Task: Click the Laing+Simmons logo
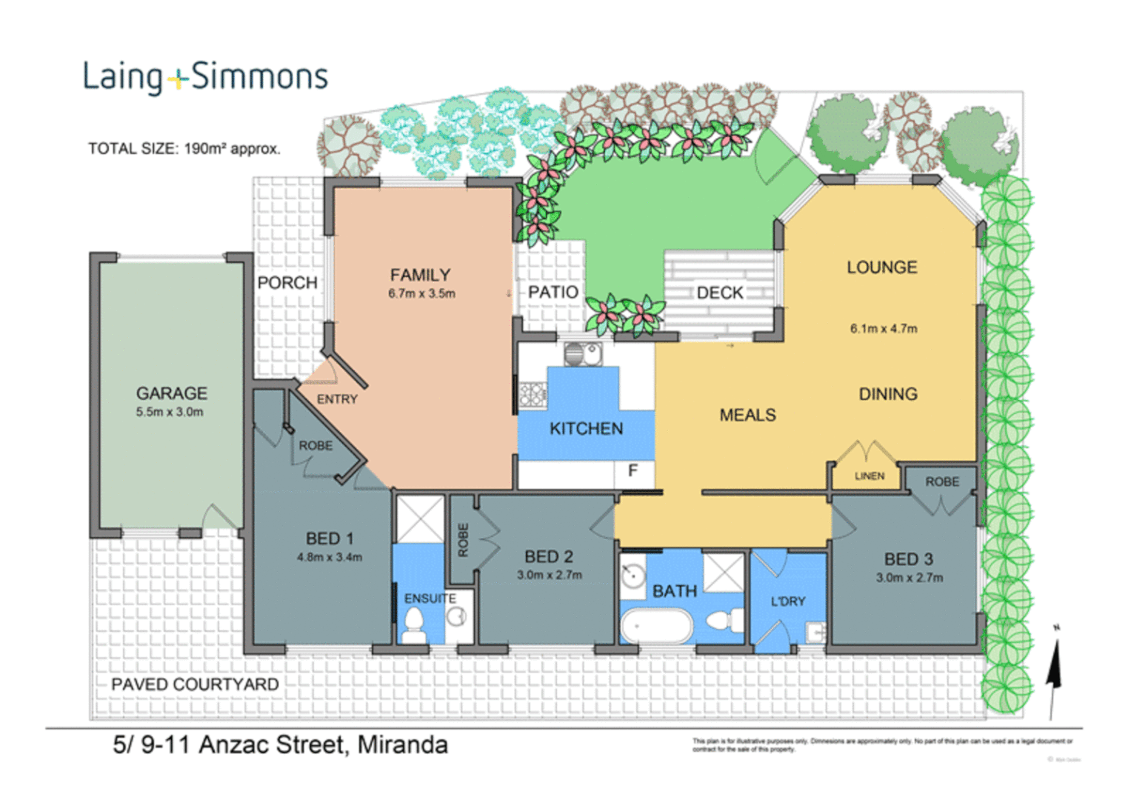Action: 204,77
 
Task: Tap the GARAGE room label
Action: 171,393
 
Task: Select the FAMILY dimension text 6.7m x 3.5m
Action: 421,294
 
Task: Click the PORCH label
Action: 287,283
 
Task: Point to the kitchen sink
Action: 583,355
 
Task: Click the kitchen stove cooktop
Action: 532,394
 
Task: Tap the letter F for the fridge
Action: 633,470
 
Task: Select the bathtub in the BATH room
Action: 656,627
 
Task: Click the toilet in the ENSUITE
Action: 413,627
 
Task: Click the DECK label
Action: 720,293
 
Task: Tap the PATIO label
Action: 553,293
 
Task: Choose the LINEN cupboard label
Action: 870,476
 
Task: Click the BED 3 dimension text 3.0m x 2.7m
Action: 909,578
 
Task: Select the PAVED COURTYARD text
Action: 195,684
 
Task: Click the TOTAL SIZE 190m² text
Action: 184,149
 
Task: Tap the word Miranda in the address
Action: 402,744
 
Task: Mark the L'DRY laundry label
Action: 787,601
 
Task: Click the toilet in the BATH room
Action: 725,620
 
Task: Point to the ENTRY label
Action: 337,399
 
